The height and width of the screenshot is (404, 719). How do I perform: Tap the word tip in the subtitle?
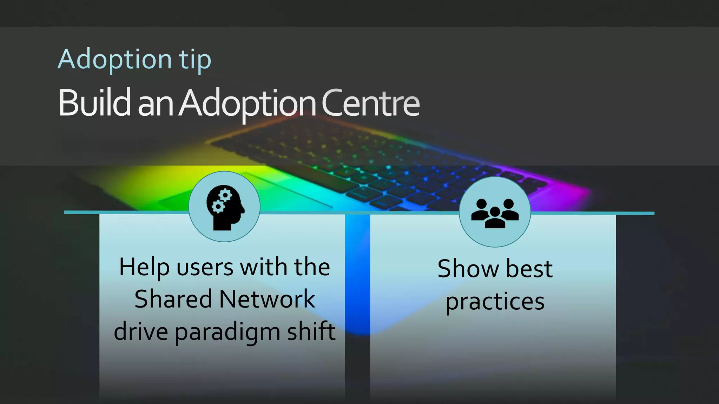(195, 60)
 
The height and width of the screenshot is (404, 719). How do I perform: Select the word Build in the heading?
(94, 103)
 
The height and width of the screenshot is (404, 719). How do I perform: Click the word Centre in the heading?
(370, 103)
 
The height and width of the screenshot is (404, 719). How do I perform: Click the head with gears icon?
(225, 207)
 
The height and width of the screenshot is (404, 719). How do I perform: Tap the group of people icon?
(495, 213)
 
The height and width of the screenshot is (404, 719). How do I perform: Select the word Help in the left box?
(144, 267)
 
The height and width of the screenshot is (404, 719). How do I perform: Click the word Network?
(267, 299)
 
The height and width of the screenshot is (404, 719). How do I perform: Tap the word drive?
(141, 331)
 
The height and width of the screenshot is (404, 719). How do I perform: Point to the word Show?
(468, 269)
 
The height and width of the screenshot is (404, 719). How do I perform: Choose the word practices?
(495, 302)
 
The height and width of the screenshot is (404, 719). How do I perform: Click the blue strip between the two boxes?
(357, 274)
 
